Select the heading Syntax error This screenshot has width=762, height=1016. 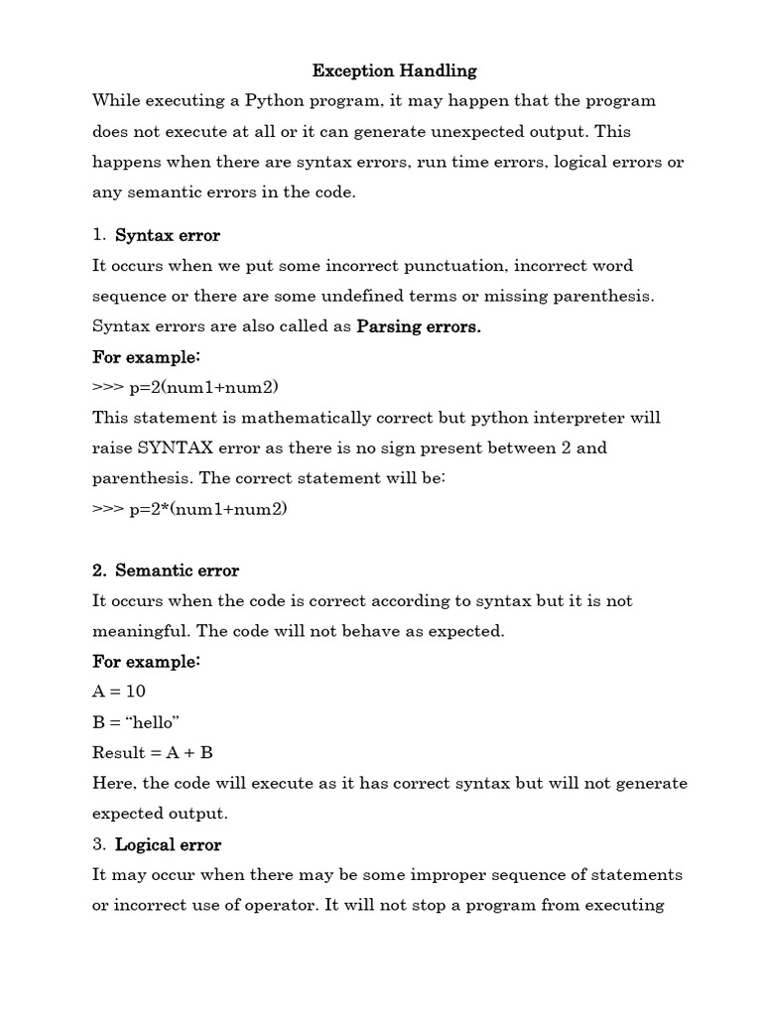(168, 235)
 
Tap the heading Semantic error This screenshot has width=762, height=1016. (178, 571)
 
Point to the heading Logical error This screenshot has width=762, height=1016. (169, 844)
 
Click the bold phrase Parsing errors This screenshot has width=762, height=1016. (419, 327)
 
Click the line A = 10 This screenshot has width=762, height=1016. (119, 691)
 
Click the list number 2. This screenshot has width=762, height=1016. (98, 571)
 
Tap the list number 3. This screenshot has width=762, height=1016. (98, 844)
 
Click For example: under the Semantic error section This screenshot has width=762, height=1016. (147, 661)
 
